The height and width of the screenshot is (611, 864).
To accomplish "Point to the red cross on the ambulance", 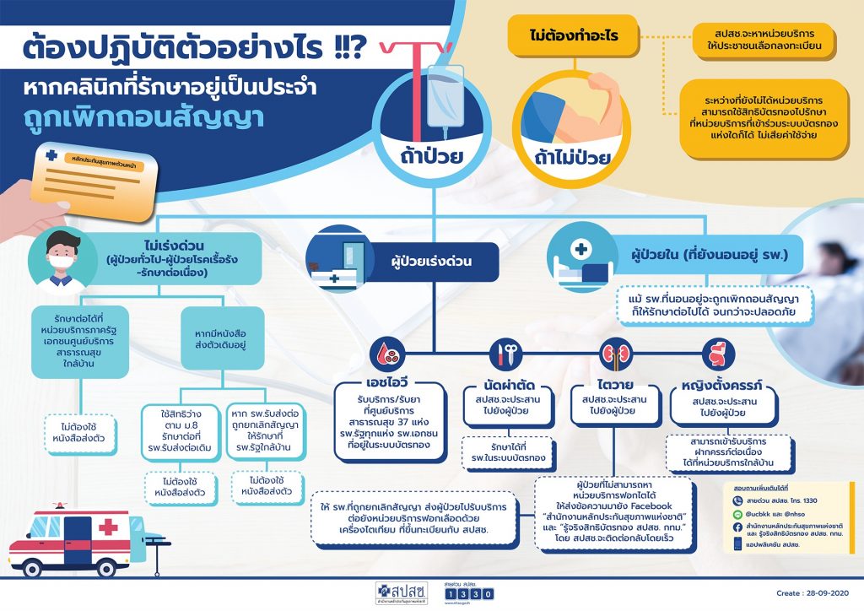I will pos(108,529).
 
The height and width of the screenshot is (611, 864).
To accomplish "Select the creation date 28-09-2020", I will pos(807,594).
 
